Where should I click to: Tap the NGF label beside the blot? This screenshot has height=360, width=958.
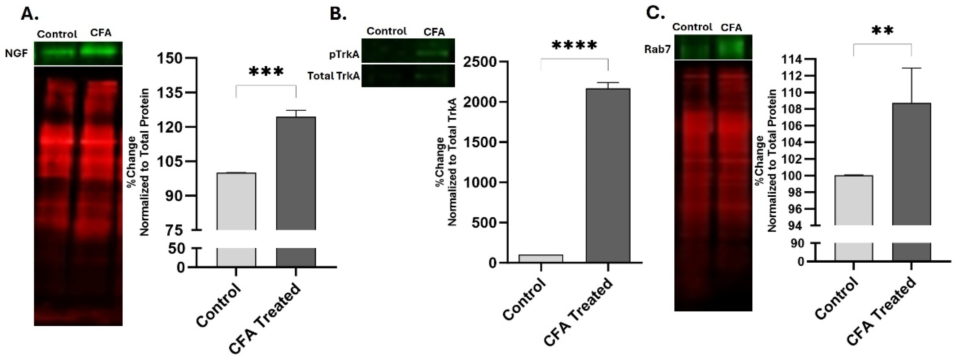[x=16, y=54]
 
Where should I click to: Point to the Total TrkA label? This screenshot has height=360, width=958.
[x=334, y=76]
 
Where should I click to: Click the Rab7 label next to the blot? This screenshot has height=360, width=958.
[x=657, y=49]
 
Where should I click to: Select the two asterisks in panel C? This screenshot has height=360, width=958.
[x=882, y=31]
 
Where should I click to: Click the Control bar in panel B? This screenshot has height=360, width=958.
[x=541, y=258]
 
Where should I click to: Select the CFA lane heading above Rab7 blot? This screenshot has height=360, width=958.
[x=731, y=27]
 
